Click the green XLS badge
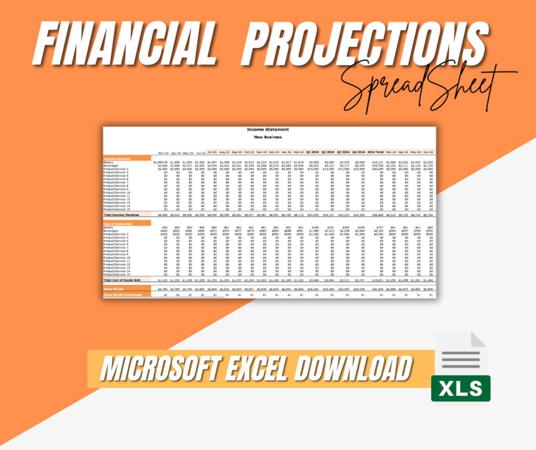click(x=460, y=388)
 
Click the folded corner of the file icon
click(x=478, y=339)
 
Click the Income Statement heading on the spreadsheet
click(x=268, y=129)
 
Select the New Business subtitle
click(x=268, y=137)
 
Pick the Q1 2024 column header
click(x=313, y=152)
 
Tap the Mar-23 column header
click(x=163, y=153)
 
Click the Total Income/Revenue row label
click(x=122, y=215)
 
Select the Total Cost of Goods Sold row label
click(x=122, y=280)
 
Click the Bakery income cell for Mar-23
click(x=161, y=162)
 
